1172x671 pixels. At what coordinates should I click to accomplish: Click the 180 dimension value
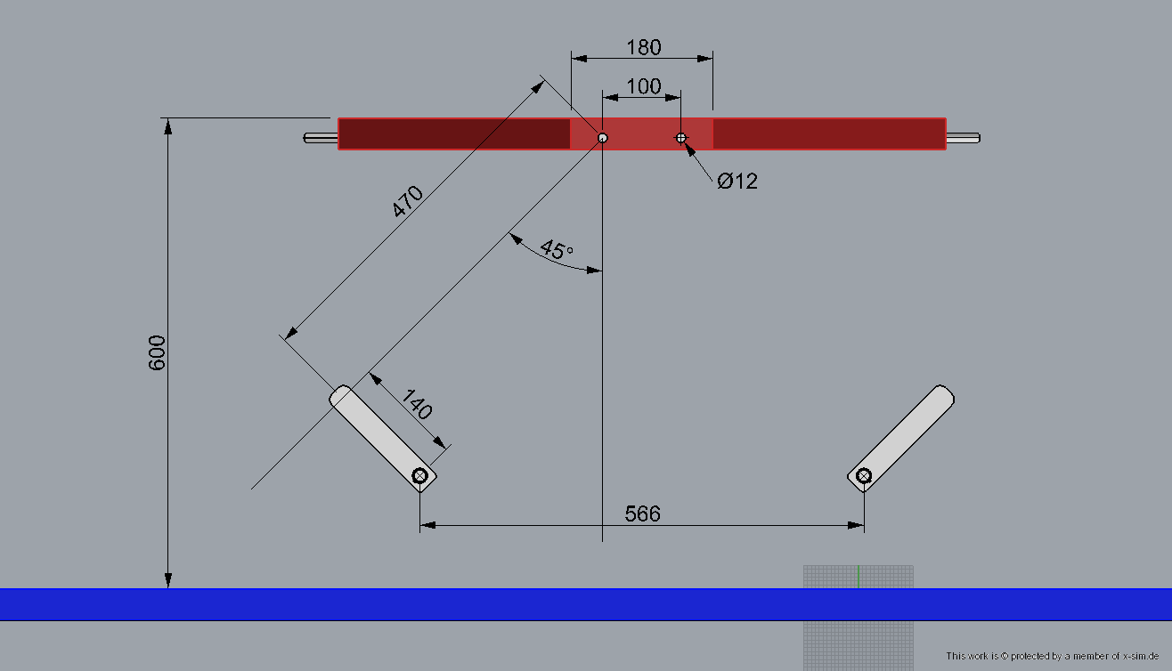[x=644, y=47]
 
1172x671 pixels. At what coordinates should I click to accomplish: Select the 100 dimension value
[x=644, y=86]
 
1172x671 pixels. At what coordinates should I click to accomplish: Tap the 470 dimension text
[x=407, y=201]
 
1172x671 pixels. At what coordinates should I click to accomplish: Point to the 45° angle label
[x=557, y=250]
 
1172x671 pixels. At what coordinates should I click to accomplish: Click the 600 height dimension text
[x=157, y=353]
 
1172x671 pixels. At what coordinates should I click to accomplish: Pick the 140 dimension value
[x=417, y=404]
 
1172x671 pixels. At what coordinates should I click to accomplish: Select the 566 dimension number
[x=642, y=513]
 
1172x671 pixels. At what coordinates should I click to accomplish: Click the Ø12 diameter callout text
[x=737, y=182]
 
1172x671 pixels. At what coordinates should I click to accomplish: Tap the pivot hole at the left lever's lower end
[x=419, y=476]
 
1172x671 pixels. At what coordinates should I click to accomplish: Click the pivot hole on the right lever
[x=864, y=476]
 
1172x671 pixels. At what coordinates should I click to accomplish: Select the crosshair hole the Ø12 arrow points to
[x=680, y=138]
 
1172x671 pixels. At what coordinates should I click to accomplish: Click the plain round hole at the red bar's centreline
[x=603, y=138]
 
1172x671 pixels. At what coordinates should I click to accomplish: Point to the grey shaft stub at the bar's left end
[x=321, y=138]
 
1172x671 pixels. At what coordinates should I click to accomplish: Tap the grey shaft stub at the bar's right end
[x=964, y=138]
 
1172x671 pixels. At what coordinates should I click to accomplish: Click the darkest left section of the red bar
[x=455, y=133]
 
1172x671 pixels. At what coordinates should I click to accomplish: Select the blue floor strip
[x=586, y=604]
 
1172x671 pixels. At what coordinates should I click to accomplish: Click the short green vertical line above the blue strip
[x=859, y=577]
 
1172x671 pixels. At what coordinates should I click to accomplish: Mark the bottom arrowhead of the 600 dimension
[x=168, y=580]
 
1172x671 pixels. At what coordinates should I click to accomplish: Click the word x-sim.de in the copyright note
[x=1141, y=656]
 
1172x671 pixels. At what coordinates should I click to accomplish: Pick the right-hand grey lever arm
[x=901, y=438]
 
